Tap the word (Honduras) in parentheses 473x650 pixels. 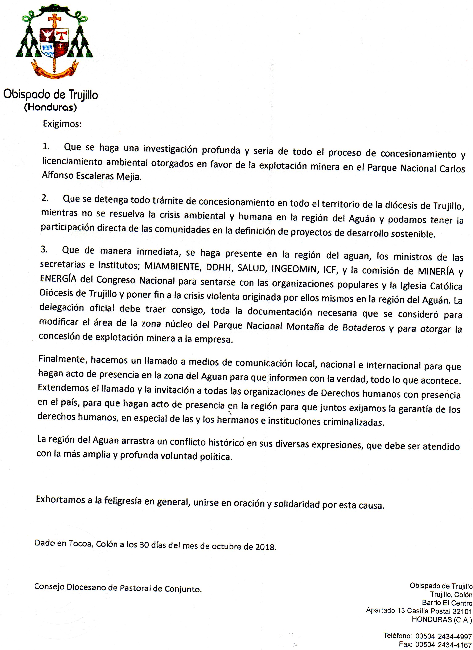(x=50, y=107)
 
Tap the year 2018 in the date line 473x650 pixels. (x=265, y=547)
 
